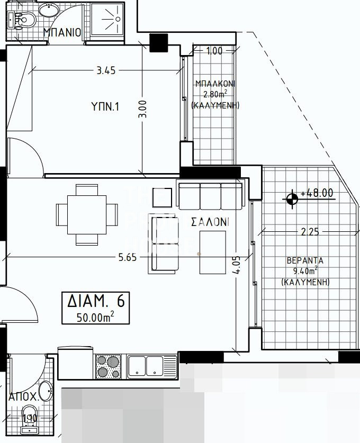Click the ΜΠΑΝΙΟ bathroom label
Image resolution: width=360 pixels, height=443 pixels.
click(62, 32)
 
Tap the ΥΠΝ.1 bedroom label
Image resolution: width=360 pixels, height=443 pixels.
click(105, 106)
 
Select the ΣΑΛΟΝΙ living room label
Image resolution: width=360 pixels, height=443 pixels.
click(210, 222)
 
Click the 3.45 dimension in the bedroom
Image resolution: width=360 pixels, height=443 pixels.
click(106, 70)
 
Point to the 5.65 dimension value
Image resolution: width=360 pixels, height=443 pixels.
click(128, 257)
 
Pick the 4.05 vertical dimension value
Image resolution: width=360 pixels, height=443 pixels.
click(237, 265)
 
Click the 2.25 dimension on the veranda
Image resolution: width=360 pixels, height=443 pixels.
click(310, 232)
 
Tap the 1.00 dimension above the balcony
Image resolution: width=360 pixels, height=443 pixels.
click(214, 51)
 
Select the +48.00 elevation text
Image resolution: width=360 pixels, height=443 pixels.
click(317, 193)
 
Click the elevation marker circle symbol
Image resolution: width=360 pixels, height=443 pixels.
click(292, 199)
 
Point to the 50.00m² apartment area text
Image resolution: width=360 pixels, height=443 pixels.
click(95, 317)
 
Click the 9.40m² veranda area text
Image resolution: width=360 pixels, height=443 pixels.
click(305, 270)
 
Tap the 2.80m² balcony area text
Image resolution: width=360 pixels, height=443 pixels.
click(215, 94)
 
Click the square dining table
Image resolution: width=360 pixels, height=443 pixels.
click(87, 215)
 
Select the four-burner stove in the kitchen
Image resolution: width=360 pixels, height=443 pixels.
click(109, 366)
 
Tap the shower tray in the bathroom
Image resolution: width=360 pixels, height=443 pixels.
click(107, 20)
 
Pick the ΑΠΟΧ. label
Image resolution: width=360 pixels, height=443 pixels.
click(24, 396)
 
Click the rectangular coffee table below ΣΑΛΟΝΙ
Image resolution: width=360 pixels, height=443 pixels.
click(213, 252)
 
